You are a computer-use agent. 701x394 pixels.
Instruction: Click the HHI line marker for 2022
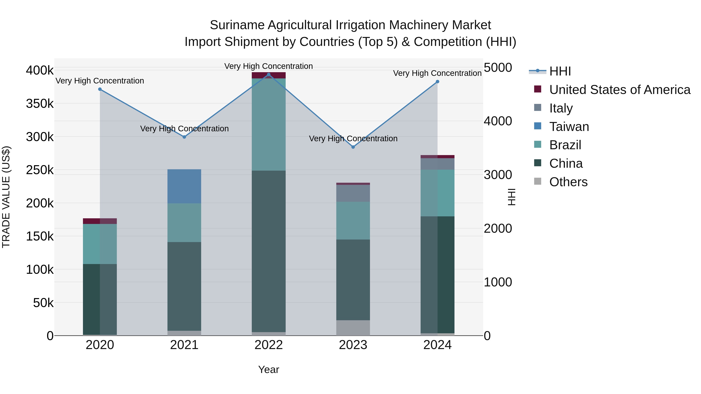(x=269, y=75)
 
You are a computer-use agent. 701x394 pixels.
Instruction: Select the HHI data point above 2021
(x=184, y=137)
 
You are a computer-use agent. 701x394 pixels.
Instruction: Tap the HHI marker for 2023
(x=353, y=147)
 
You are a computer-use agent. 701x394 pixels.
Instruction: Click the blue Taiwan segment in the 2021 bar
(x=184, y=186)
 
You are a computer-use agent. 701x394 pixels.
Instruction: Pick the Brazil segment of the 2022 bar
(x=269, y=125)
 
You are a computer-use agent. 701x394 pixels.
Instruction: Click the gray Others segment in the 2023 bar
(x=353, y=328)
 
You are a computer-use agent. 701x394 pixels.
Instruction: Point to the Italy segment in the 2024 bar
(x=437, y=164)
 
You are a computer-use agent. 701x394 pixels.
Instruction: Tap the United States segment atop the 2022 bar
(x=269, y=75)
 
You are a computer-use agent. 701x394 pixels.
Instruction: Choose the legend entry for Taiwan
(x=569, y=127)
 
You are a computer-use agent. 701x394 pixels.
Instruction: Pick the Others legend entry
(x=568, y=182)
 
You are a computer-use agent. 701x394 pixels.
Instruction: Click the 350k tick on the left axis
(x=40, y=104)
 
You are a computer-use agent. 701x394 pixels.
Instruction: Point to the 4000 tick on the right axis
(x=498, y=121)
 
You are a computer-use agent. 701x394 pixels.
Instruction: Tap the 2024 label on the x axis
(x=437, y=345)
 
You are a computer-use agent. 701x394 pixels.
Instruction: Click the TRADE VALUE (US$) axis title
(x=6, y=197)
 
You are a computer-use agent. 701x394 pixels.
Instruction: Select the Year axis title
(x=269, y=369)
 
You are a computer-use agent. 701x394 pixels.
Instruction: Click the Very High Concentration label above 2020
(x=100, y=81)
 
